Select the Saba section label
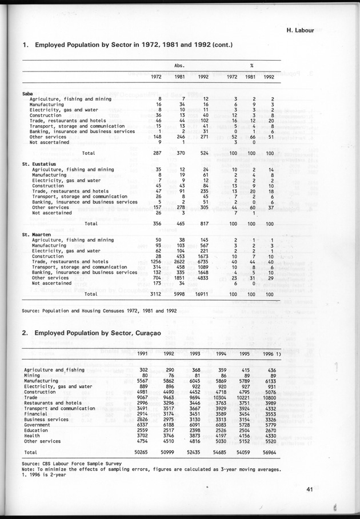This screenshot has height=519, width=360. coord(27,93)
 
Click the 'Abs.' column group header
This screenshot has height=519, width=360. coord(179,65)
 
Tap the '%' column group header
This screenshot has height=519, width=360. coord(251,65)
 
